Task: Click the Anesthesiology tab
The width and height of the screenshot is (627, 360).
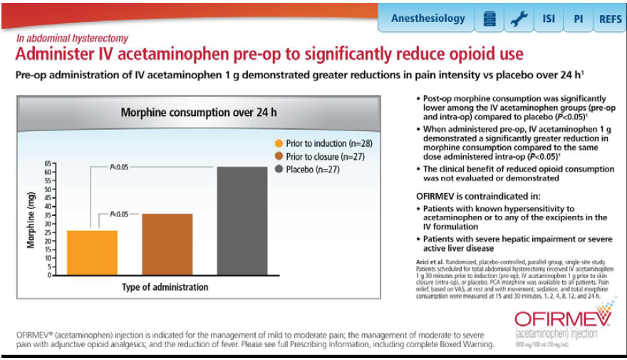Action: (x=427, y=19)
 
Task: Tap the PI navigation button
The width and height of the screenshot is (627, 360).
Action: (x=578, y=19)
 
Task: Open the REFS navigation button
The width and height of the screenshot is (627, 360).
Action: (x=609, y=19)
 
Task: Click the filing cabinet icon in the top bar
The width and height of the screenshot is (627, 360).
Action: (x=488, y=19)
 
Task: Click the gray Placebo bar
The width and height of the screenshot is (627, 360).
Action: (x=242, y=221)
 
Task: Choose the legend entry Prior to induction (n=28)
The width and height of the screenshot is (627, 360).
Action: (x=325, y=143)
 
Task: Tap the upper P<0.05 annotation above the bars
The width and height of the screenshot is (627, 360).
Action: (x=119, y=168)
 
